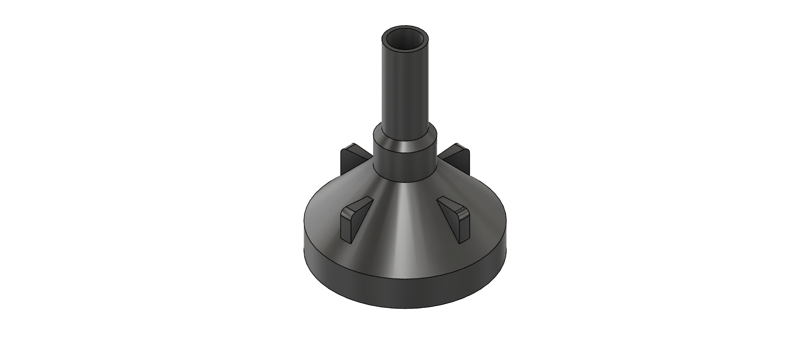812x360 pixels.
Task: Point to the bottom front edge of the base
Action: tap(404, 308)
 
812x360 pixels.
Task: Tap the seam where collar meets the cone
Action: tap(404, 180)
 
